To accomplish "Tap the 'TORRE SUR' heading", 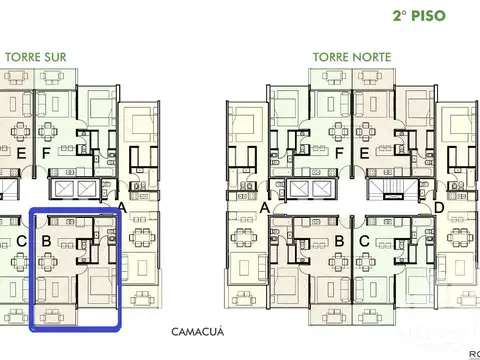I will coord(36,57).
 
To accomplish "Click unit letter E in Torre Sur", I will coord(20,153).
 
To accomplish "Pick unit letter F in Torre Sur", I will coord(46,153).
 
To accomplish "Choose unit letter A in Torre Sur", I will coord(121,208).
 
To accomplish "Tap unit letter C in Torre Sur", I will coord(20,241).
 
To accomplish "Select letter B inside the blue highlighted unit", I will coord(46,241).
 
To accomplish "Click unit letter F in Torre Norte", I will coord(339,153).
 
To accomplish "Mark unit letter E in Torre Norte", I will coord(365,153).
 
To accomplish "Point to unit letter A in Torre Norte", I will coord(265,208).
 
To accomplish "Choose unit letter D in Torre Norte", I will coord(440,208).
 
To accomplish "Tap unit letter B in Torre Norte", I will coord(339,241).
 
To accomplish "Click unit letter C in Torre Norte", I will coord(365,241).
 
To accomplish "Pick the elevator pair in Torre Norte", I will coord(310,188).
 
